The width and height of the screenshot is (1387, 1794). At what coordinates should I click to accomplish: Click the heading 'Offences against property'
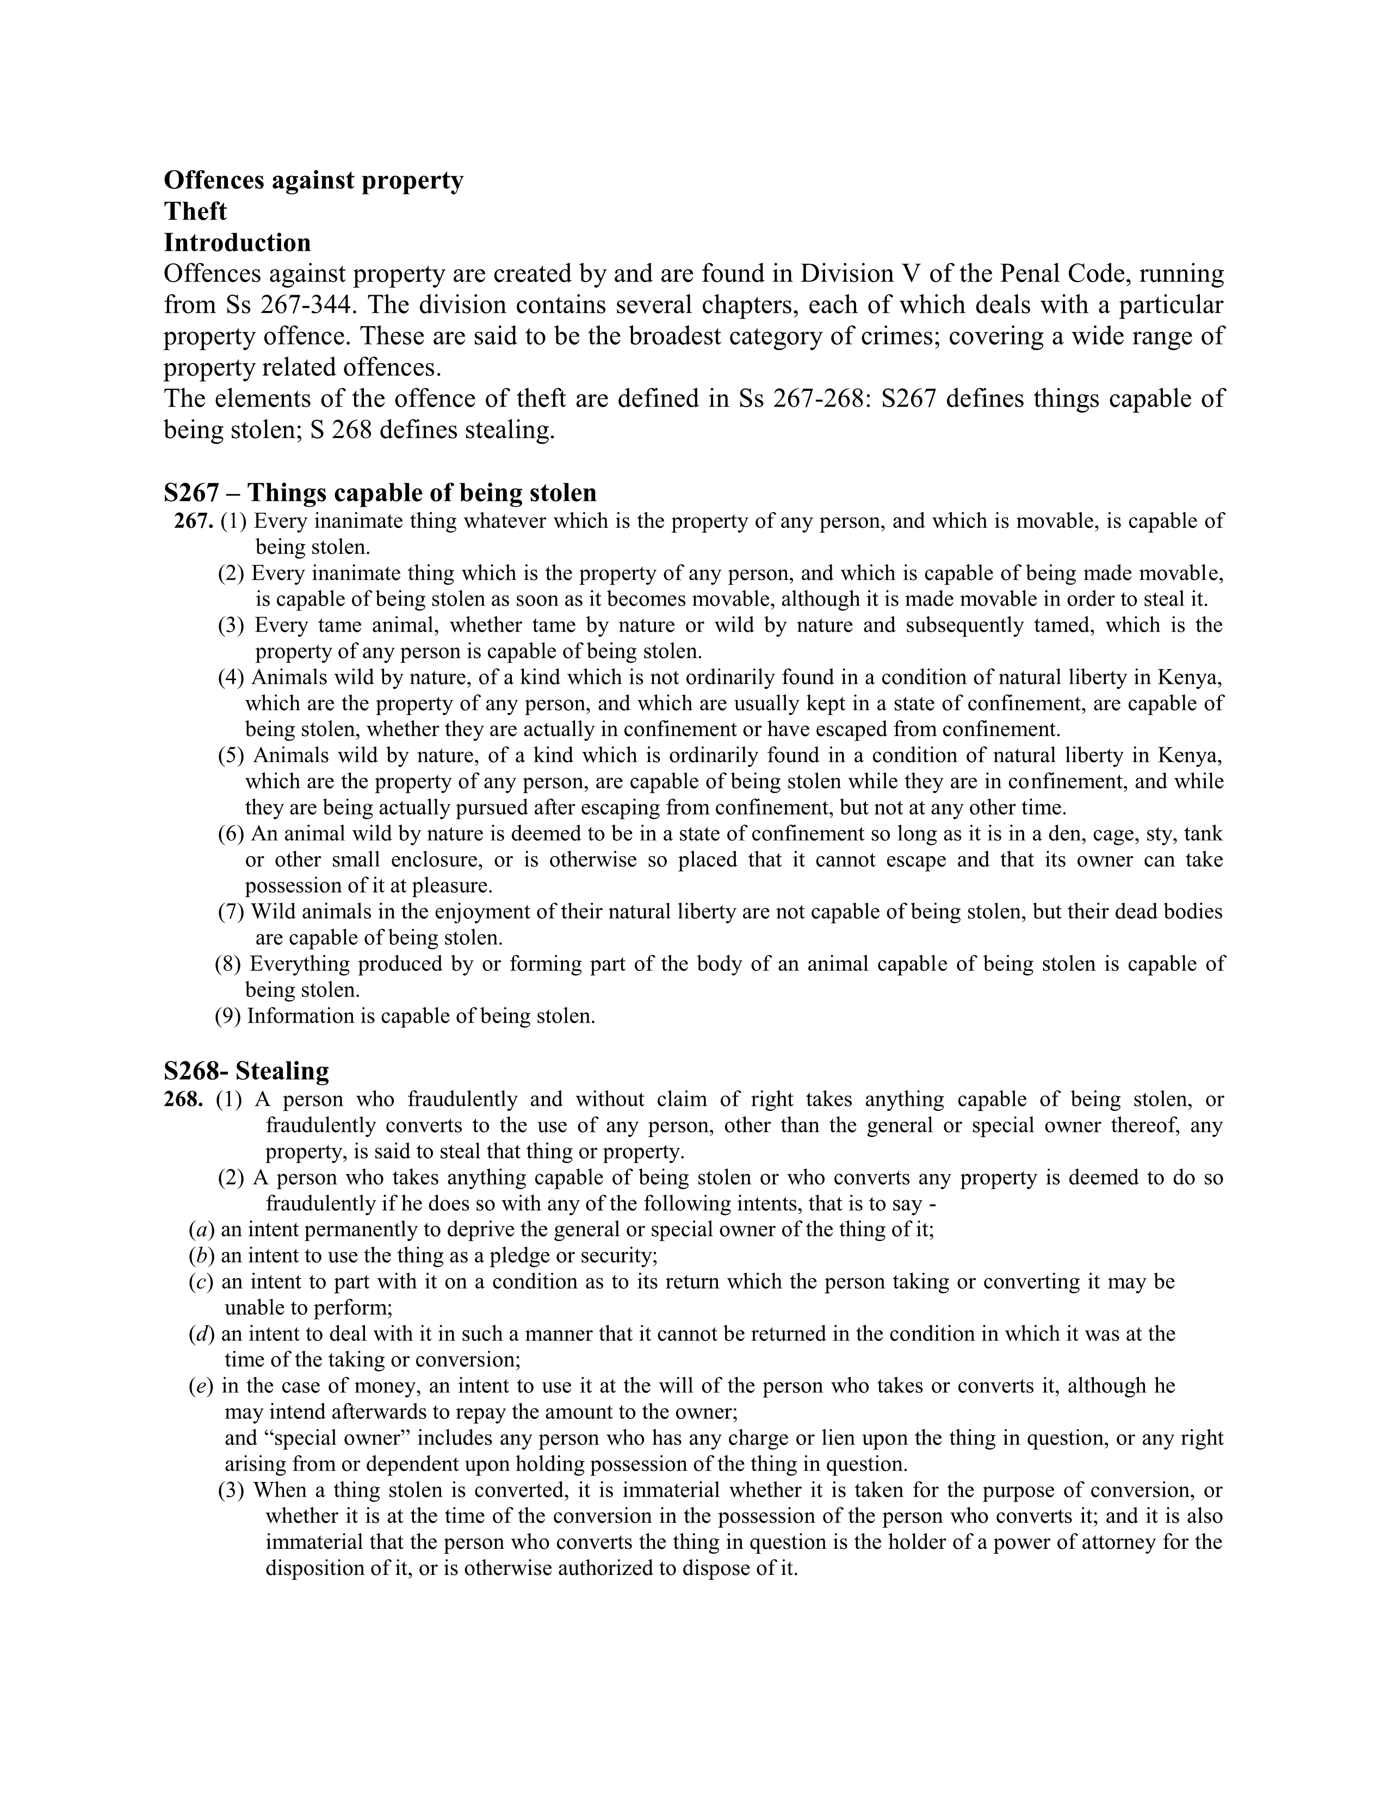(313, 180)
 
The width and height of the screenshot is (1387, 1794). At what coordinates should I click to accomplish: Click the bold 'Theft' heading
(196, 211)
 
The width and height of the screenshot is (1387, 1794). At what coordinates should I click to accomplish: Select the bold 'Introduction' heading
(238, 242)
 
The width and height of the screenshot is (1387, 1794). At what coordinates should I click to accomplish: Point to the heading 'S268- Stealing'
(246, 1070)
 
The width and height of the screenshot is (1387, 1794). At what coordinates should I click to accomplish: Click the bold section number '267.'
(194, 521)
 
